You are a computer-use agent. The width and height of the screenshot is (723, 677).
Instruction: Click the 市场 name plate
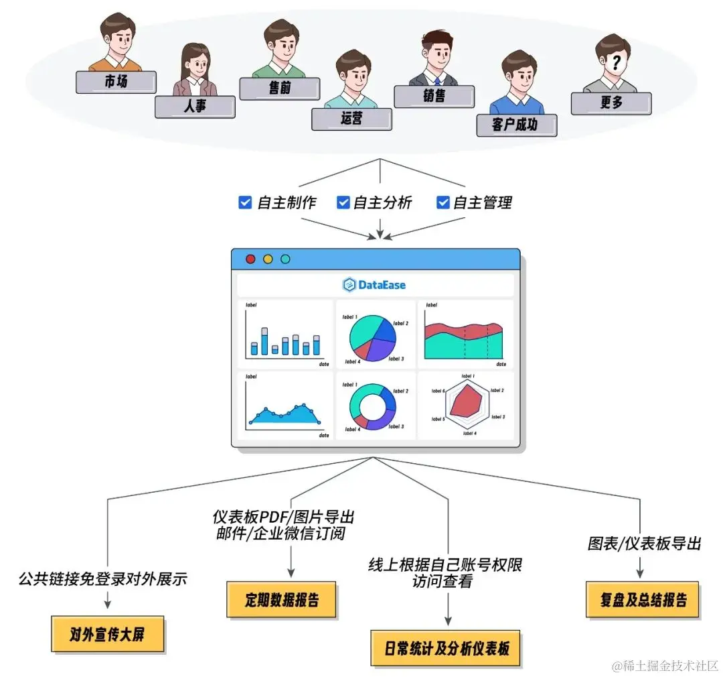pos(116,82)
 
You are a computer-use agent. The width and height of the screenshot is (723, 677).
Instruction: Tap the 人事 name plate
pos(195,107)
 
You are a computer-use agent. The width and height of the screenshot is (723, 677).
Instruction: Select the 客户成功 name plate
pos(516,125)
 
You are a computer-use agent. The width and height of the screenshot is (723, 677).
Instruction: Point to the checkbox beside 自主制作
pos(245,202)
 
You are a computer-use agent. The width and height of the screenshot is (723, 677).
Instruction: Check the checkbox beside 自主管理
pos(443,202)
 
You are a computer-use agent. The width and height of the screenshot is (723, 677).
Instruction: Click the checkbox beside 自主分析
pos(343,202)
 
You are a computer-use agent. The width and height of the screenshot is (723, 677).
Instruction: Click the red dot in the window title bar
pos(251,259)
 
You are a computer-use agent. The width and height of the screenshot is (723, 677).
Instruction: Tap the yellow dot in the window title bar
pos(268,259)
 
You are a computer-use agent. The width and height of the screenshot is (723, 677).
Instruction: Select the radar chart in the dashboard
pos(467,405)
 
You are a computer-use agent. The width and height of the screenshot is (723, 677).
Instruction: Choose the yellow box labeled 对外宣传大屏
pos(107,633)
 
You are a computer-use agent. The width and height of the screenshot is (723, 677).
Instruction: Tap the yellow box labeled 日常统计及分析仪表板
pos(446,648)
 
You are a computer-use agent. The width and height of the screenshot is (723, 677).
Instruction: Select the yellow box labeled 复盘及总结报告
pos(643,599)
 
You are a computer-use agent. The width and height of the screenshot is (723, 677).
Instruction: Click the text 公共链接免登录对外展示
pos(103,578)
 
